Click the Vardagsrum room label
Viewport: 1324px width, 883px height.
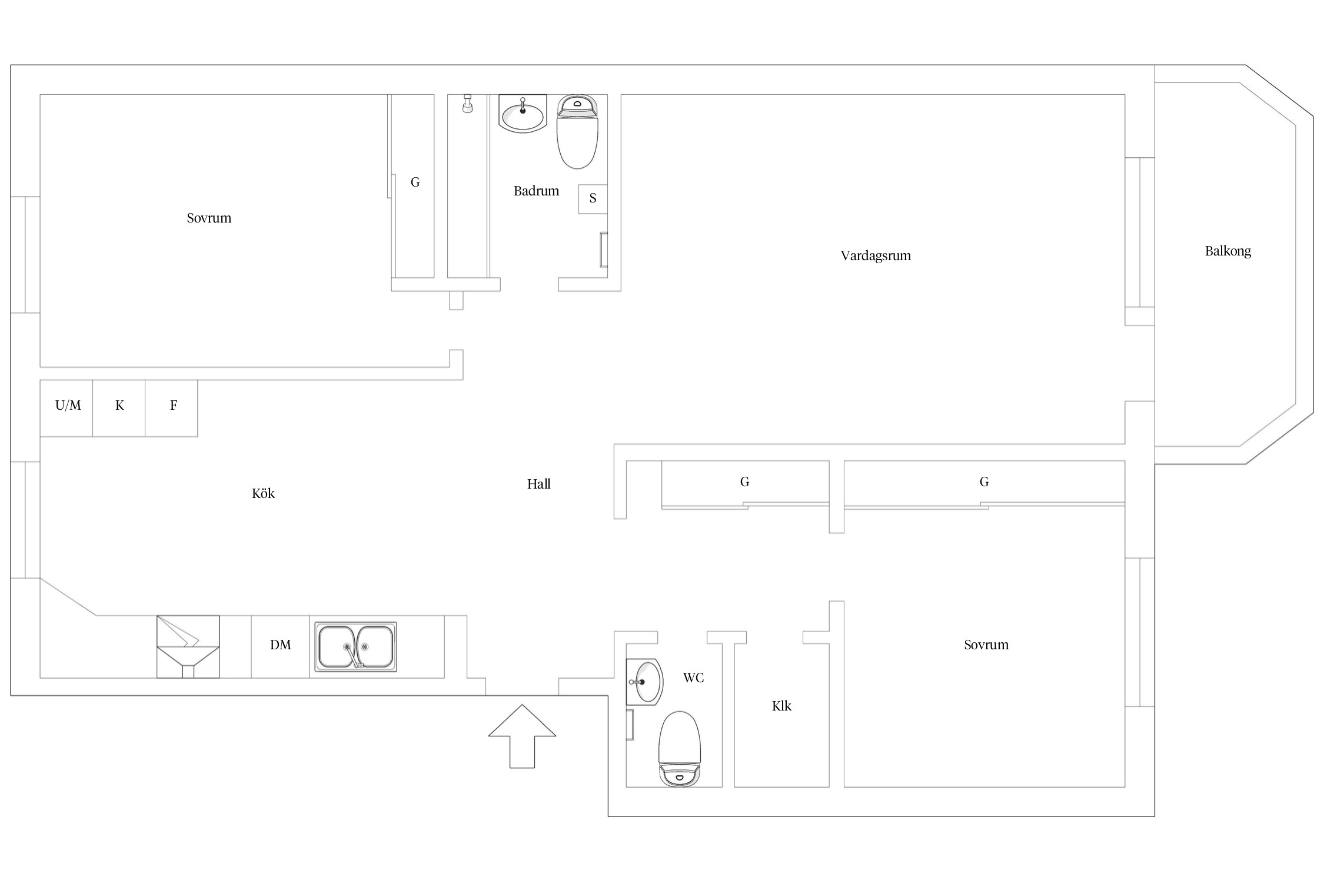coord(876,255)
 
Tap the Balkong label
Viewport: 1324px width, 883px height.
coord(1227,251)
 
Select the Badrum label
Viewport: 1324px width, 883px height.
coord(536,191)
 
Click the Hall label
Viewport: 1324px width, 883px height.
coord(538,484)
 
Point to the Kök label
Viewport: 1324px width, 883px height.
coord(263,493)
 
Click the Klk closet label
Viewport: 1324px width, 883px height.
coord(781,706)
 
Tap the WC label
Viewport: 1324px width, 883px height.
coord(693,678)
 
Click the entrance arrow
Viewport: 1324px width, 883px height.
coord(522,736)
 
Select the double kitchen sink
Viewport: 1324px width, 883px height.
coord(355,646)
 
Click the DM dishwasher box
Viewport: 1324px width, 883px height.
coord(280,646)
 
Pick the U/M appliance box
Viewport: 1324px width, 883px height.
coord(66,408)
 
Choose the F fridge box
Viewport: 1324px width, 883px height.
coord(171,408)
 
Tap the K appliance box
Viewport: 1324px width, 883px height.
coord(119,408)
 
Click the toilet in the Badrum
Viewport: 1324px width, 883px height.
coord(577,131)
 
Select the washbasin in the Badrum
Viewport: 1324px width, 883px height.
coord(523,113)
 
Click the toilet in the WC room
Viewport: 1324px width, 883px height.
coord(680,748)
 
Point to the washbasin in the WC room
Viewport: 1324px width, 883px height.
coord(644,682)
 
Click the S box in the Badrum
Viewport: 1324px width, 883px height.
coord(593,199)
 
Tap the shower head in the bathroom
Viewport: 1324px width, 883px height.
coord(468,103)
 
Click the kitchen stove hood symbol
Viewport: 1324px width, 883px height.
coord(188,646)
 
